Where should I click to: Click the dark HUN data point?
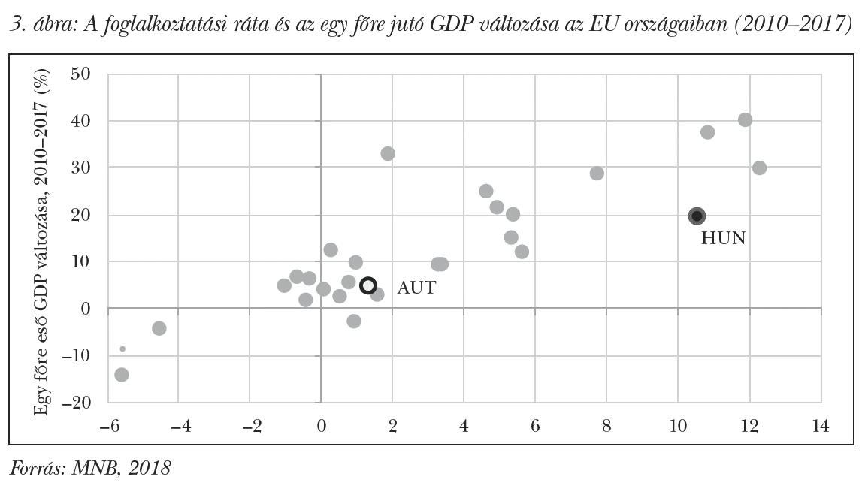coord(697,216)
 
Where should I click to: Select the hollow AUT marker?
coord(367,285)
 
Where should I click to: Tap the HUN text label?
coord(723,239)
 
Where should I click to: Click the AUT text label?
coord(416,288)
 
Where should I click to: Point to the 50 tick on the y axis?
coord(80,74)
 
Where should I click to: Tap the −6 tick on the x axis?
coord(105,427)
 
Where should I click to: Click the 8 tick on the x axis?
coord(606,427)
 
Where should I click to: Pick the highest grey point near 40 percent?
coord(745,119)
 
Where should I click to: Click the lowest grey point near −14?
coord(122,374)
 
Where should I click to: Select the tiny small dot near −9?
coord(122,349)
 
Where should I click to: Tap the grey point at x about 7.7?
coord(597,173)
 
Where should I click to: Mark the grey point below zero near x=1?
coord(354,321)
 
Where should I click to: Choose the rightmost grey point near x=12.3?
coord(759,168)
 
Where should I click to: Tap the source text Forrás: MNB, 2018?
coord(90,469)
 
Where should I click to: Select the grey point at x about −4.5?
coord(159,328)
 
